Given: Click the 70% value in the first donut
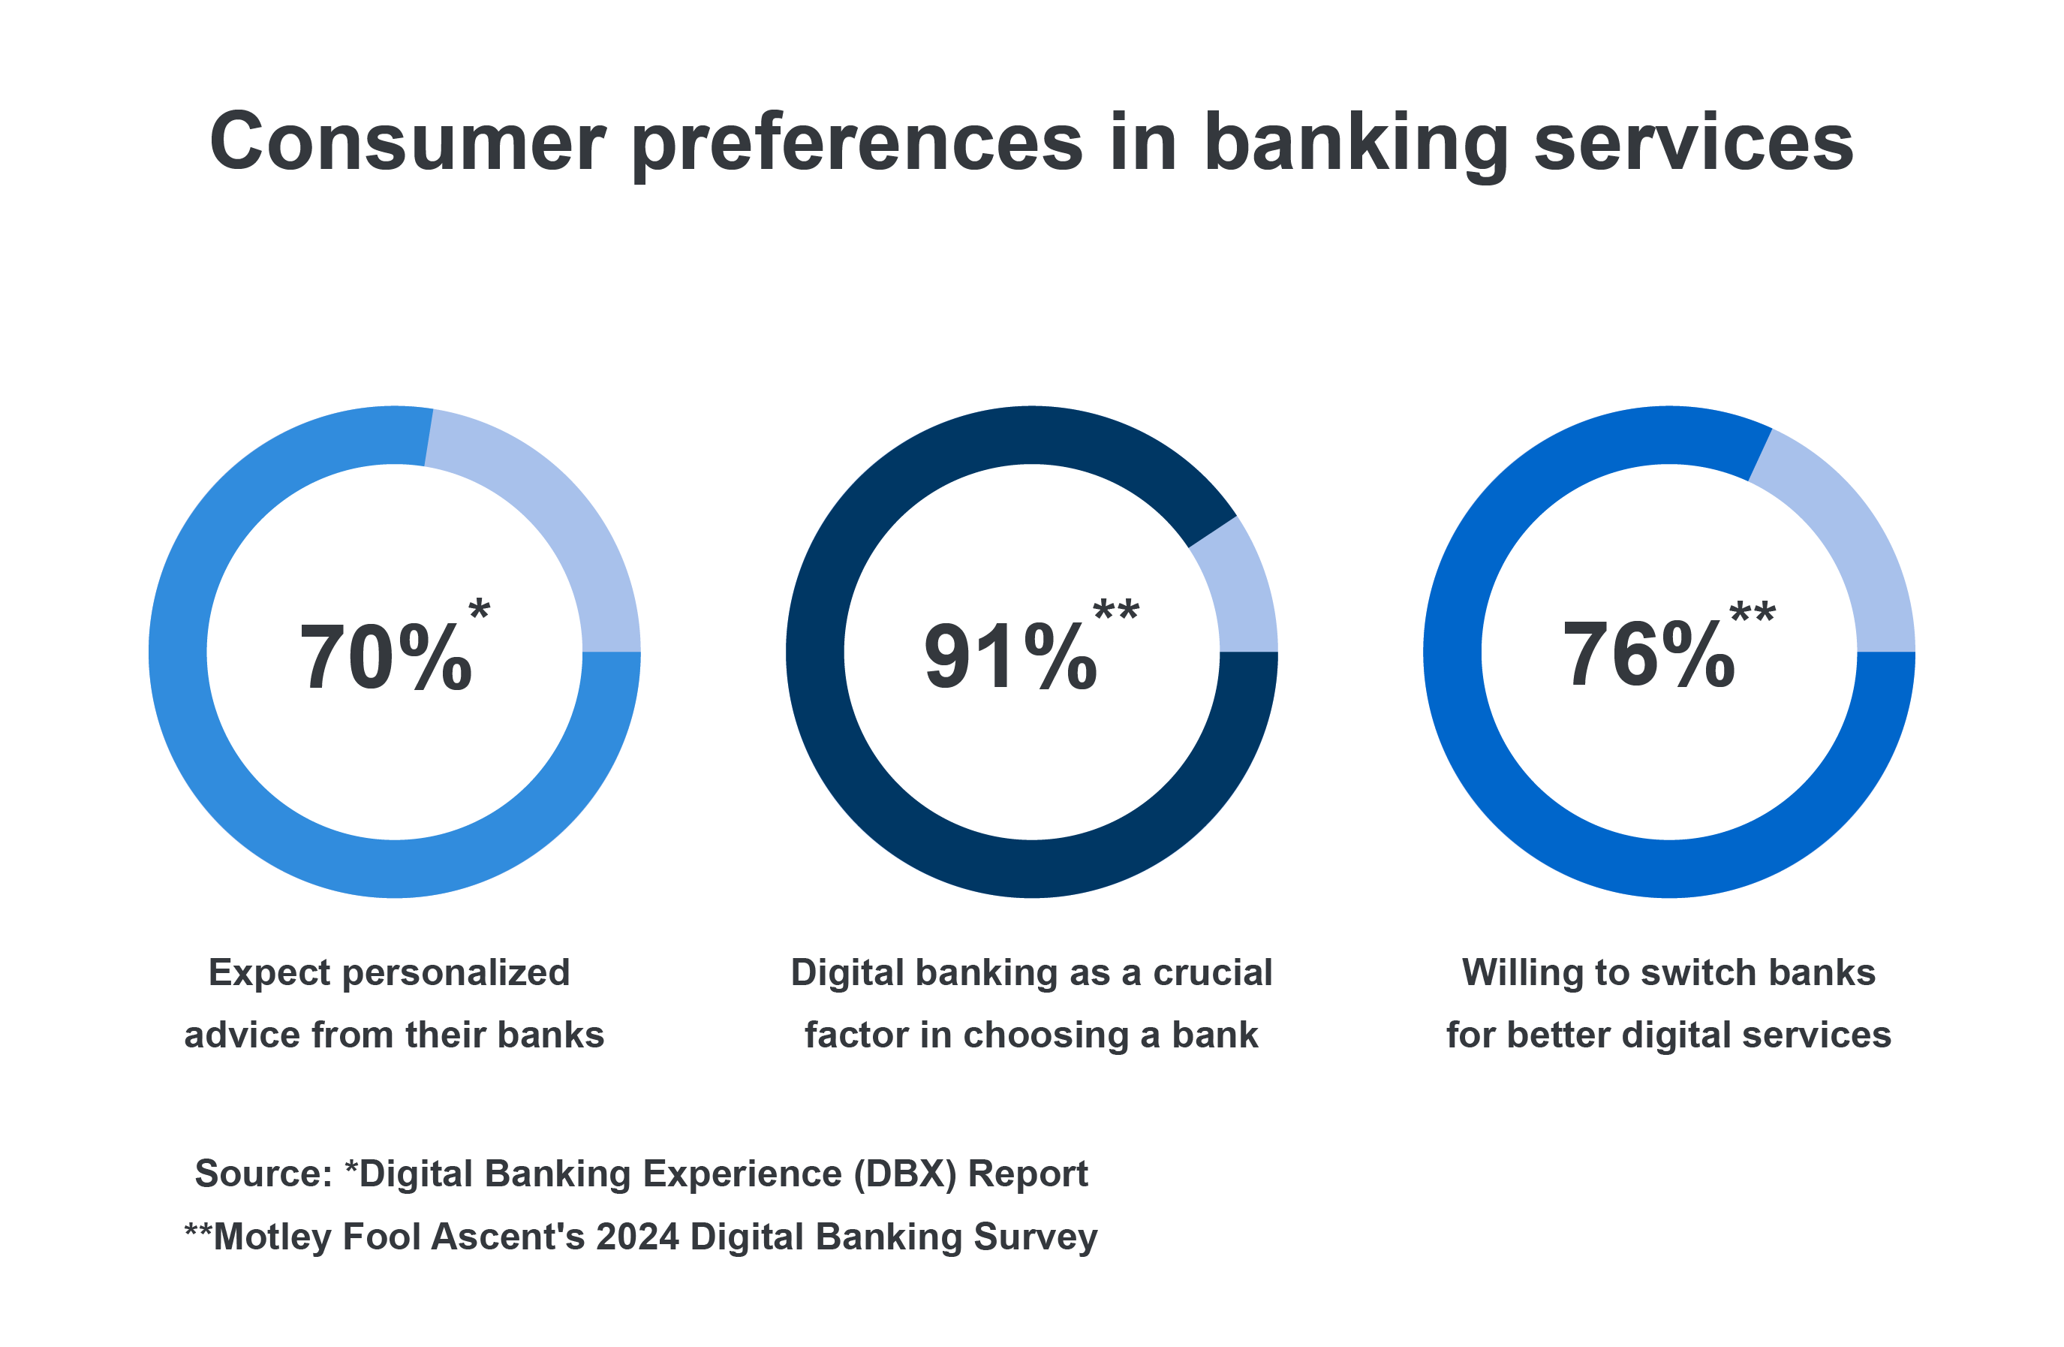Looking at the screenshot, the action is coord(386,658).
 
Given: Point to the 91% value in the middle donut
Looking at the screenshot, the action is coord(1011,658).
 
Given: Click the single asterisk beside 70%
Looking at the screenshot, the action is coord(480,608).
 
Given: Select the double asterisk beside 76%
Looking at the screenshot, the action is coord(1753,613).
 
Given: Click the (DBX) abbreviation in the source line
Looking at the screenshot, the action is coord(905,1174).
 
